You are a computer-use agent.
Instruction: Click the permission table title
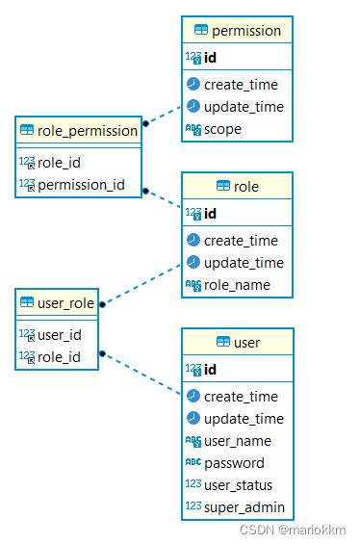(246, 30)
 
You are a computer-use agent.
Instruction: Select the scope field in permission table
(222, 129)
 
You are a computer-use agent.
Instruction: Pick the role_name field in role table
(237, 285)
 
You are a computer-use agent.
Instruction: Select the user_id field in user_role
(59, 335)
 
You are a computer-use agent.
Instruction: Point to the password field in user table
(234, 463)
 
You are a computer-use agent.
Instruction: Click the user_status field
(238, 485)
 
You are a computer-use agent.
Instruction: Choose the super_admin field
(244, 507)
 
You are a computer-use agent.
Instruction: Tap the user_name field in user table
(238, 441)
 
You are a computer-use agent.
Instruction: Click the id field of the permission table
(211, 58)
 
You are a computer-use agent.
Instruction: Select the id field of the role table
(211, 213)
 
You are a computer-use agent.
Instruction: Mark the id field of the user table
(211, 369)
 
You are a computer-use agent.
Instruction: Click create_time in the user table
(241, 397)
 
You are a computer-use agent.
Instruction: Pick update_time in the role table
(244, 263)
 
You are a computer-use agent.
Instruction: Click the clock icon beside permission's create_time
(193, 85)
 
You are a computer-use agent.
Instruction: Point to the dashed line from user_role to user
(141, 373)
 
